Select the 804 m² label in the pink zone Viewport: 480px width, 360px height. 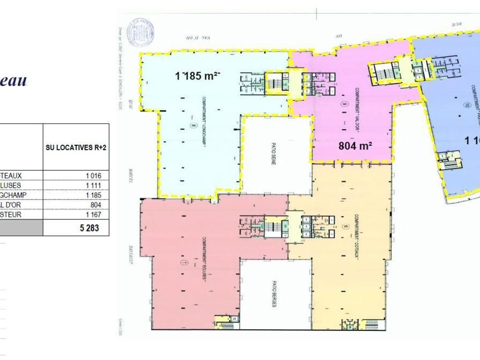point(356,145)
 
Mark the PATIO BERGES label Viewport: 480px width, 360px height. point(274,295)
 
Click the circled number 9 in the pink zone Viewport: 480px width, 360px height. point(343,103)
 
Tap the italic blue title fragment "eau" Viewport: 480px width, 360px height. point(14,82)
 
